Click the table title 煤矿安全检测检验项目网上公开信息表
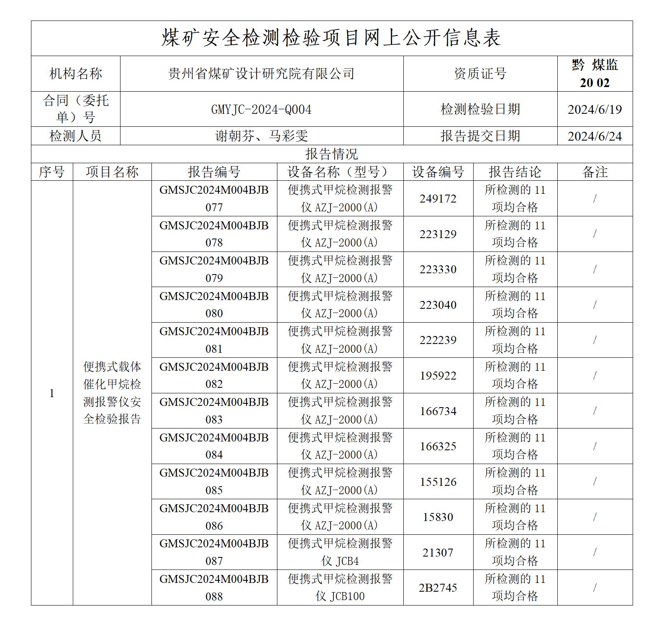(331, 38)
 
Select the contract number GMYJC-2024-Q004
(261, 110)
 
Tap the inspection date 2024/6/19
(595, 110)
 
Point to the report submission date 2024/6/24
(595, 136)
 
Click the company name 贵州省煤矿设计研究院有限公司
(261, 74)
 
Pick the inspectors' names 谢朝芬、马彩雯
(261, 136)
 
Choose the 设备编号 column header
(438, 172)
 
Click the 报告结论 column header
(515, 172)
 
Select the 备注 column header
(595, 172)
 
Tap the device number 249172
(438, 199)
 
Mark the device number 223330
(438, 269)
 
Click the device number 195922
(438, 376)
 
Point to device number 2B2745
(438, 588)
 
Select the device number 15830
(438, 517)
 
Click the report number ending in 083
(214, 411)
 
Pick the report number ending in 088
(214, 588)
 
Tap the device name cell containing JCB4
(340, 552)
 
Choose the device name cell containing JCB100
(340, 588)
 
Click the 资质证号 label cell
(480, 74)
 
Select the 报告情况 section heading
(331, 154)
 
